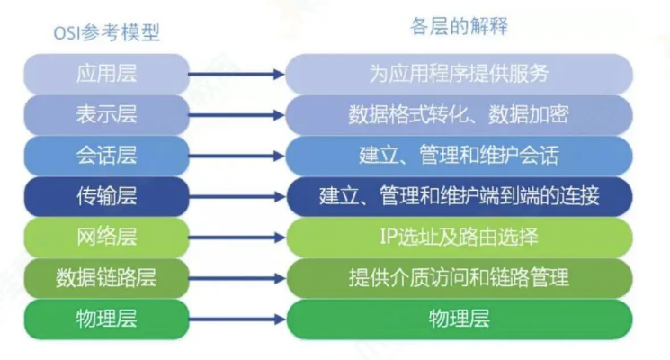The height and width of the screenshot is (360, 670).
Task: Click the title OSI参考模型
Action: tap(106, 33)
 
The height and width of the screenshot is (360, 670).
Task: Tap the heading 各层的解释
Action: tap(459, 26)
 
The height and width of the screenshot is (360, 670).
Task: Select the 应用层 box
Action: tap(106, 74)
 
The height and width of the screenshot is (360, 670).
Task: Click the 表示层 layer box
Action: tap(106, 114)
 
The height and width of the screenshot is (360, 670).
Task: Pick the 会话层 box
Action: tap(106, 156)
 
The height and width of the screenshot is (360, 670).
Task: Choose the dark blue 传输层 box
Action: tap(106, 196)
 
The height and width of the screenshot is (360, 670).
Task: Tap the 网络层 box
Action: tap(106, 237)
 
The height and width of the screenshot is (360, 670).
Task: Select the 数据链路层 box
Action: tap(106, 278)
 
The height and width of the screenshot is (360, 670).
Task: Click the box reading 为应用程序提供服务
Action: tap(459, 74)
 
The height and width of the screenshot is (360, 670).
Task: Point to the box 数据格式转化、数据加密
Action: tap(459, 114)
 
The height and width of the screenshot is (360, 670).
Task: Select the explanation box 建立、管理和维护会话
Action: tap(459, 156)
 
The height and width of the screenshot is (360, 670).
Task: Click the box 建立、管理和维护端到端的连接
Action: tap(459, 196)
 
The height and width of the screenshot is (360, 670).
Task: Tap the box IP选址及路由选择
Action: tap(459, 237)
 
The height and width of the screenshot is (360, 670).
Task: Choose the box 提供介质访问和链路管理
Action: tap(459, 278)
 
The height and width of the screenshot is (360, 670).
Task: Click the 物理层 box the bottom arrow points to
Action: tap(459, 319)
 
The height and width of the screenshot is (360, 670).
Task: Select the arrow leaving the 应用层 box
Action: tap(237, 75)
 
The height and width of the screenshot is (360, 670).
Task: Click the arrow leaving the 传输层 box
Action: tap(237, 197)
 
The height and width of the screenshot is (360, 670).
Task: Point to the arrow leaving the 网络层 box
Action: tap(237, 238)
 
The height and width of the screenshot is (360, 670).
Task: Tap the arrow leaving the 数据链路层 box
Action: tap(237, 278)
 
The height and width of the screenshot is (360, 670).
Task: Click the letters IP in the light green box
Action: tap(389, 237)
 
